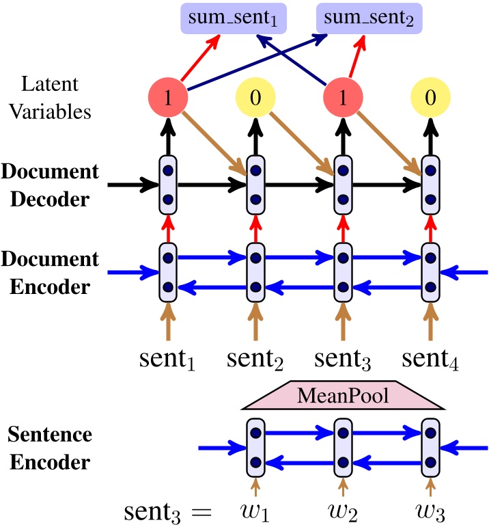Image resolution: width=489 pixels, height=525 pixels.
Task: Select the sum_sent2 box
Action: pos(369,16)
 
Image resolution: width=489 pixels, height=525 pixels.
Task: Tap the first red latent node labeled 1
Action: pos(167,98)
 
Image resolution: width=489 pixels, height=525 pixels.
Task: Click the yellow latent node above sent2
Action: pos(255,98)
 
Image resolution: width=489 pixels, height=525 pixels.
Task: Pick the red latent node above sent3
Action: pos(342,98)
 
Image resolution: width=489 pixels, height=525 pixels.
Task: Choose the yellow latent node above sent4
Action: pos(430,98)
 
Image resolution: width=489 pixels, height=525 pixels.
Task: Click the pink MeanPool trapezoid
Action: pos(343,396)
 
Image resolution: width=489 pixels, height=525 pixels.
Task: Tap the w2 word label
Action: pos(343,509)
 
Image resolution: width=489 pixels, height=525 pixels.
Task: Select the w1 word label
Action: pos(255,509)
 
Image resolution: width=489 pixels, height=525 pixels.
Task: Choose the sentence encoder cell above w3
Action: pos(430,448)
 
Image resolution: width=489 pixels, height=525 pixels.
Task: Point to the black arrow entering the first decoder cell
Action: pos(134,185)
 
